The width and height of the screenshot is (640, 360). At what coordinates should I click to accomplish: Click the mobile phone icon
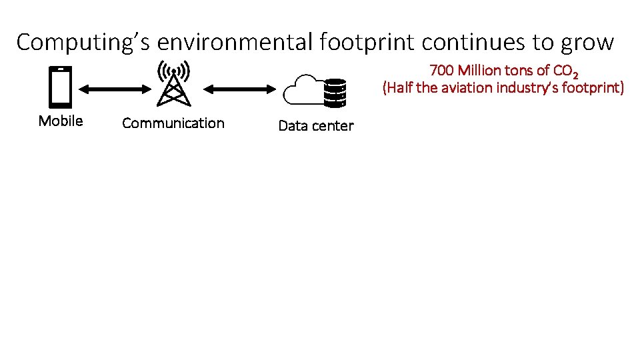pyautogui.click(x=61, y=86)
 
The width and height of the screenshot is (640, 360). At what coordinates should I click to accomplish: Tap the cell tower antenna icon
pyautogui.click(x=173, y=83)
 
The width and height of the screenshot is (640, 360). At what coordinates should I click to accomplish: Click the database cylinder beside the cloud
pyautogui.click(x=334, y=93)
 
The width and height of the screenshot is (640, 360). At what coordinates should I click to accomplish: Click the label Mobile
pyautogui.click(x=61, y=121)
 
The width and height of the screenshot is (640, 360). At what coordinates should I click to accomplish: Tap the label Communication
pyautogui.click(x=173, y=123)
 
